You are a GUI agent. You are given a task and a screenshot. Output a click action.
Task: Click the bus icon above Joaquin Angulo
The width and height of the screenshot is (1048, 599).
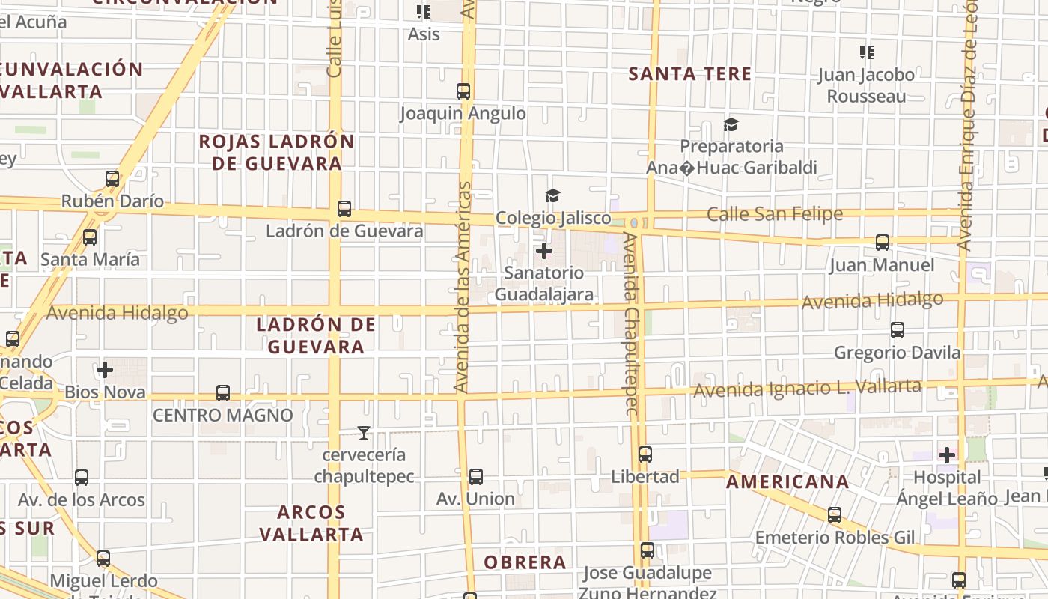pyautogui.click(x=463, y=91)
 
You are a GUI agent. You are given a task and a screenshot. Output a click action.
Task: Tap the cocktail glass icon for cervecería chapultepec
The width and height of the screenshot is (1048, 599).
pyautogui.click(x=364, y=432)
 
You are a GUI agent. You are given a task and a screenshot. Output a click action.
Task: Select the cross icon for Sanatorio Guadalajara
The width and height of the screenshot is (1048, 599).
pyautogui.click(x=544, y=251)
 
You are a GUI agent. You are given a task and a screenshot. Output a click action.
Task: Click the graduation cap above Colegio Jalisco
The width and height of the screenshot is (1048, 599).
pyautogui.click(x=552, y=196)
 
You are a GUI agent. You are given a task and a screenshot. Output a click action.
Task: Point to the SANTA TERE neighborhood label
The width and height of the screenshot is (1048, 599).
pyautogui.click(x=689, y=73)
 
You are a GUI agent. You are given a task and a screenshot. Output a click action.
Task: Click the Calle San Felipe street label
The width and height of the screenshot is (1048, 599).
pyautogui.click(x=775, y=214)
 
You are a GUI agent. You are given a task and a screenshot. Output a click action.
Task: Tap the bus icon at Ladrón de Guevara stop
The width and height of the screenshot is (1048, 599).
pyautogui.click(x=344, y=209)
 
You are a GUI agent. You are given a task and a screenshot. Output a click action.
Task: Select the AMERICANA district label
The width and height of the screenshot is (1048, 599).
pyautogui.click(x=787, y=481)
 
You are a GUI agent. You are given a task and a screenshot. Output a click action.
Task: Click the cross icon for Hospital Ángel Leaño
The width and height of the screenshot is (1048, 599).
pyautogui.click(x=947, y=454)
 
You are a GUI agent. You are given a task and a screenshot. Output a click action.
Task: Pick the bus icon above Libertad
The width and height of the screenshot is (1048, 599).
pyautogui.click(x=645, y=454)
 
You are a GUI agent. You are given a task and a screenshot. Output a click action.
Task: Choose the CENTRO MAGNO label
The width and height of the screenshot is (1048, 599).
pyautogui.click(x=223, y=415)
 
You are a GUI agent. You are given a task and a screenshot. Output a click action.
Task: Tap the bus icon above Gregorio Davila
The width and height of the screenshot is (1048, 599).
pyautogui.click(x=898, y=329)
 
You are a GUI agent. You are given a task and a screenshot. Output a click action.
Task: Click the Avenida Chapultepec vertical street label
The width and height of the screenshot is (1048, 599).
pyautogui.click(x=631, y=323)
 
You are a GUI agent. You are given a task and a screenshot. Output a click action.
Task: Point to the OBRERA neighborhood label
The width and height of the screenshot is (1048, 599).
pyautogui.click(x=525, y=562)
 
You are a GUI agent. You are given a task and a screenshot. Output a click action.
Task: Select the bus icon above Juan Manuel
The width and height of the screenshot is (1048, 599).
pyautogui.click(x=883, y=243)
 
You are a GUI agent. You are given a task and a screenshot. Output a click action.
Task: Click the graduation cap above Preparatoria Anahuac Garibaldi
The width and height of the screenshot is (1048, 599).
pyautogui.click(x=731, y=124)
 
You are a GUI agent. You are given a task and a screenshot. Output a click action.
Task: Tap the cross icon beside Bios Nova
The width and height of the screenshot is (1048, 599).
pyautogui.click(x=105, y=370)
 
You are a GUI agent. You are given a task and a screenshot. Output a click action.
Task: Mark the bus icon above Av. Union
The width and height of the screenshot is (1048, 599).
pyautogui.click(x=475, y=476)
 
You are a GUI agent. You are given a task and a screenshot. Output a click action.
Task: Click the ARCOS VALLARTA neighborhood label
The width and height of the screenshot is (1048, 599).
pyautogui.click(x=311, y=523)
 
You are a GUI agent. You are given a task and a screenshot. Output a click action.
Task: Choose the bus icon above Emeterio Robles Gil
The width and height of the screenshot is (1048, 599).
pyautogui.click(x=835, y=515)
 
